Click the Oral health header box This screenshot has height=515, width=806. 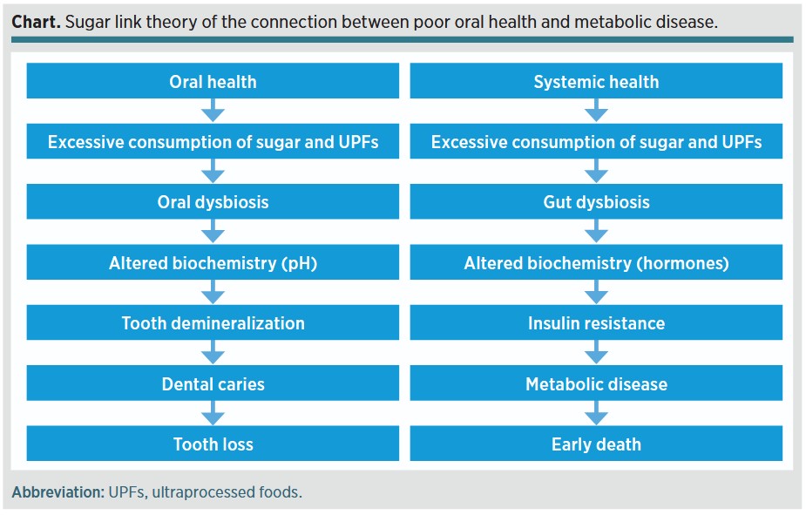[x=213, y=81]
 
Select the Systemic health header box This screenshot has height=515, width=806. [x=596, y=81]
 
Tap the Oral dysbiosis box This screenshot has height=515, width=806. [x=213, y=201]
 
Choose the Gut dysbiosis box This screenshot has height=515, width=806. [x=596, y=201]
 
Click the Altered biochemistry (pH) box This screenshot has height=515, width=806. [x=213, y=262]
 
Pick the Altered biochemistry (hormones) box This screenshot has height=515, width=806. [x=596, y=262]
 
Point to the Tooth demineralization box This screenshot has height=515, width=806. [x=213, y=322]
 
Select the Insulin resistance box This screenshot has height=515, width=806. [x=596, y=322]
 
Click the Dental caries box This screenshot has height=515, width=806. [x=213, y=383]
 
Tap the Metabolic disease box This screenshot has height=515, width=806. [x=596, y=383]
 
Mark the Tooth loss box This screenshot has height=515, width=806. [x=213, y=443]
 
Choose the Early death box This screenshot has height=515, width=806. [x=596, y=443]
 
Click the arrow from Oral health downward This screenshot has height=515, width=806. [x=213, y=110]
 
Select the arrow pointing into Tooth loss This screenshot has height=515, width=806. [x=213, y=413]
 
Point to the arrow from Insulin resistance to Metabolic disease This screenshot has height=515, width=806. [x=596, y=352]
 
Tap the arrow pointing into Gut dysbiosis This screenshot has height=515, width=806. [x=596, y=171]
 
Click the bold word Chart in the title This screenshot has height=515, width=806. [x=36, y=22]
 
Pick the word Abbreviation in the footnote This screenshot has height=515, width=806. [x=58, y=491]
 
